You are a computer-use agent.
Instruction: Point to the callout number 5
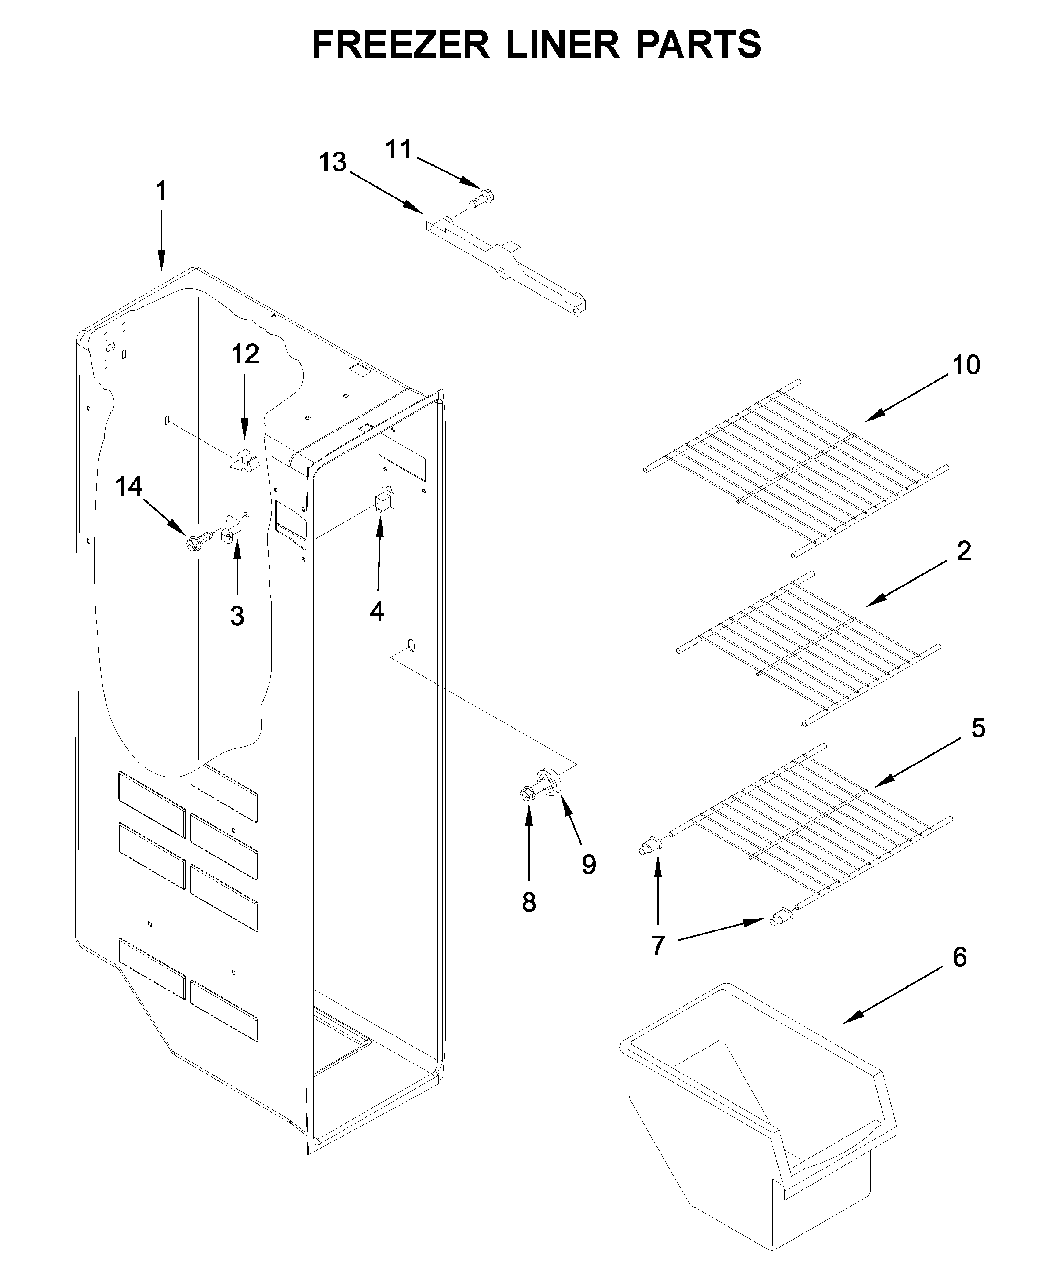pyautogui.click(x=978, y=727)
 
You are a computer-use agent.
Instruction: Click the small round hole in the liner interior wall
pyautogui.click(x=412, y=644)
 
